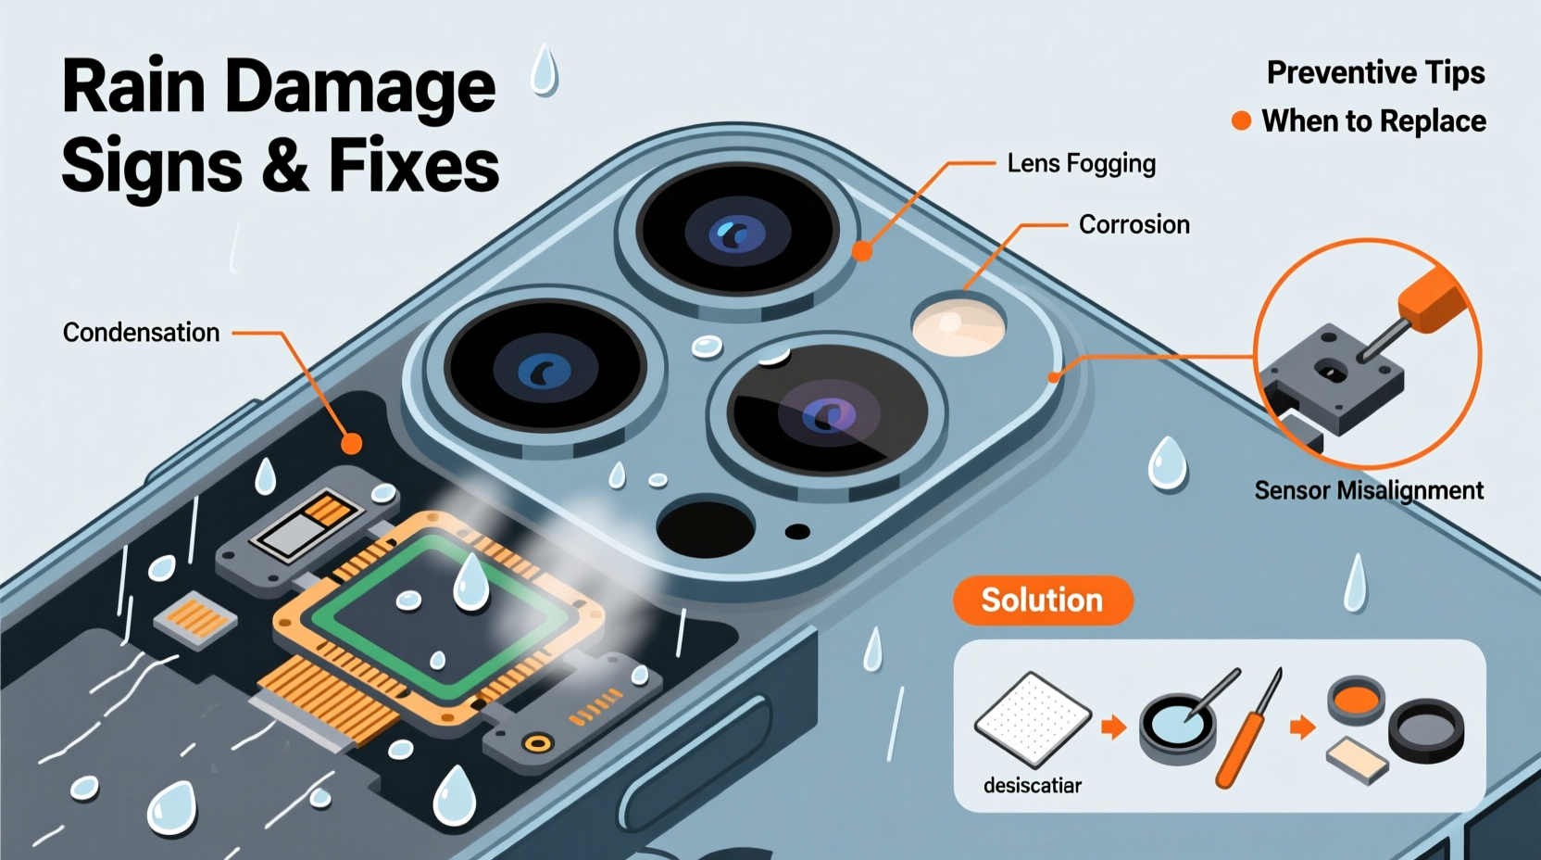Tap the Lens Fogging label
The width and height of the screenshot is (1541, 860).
1082,164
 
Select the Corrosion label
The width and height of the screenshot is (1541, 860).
1134,224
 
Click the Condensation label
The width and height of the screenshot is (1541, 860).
141,333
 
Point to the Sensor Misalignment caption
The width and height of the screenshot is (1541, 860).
1369,490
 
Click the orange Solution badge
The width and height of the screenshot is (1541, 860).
1042,601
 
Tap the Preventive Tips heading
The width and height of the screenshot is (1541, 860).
1376,73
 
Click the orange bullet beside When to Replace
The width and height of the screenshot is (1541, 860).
1241,121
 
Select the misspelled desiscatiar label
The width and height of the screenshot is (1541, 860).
1032,785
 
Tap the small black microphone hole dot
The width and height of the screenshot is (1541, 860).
797,532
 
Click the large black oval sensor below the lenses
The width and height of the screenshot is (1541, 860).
705,529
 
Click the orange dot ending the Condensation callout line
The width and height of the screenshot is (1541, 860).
352,444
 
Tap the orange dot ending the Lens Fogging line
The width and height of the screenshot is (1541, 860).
862,251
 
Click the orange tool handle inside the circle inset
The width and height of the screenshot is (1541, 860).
1433,300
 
